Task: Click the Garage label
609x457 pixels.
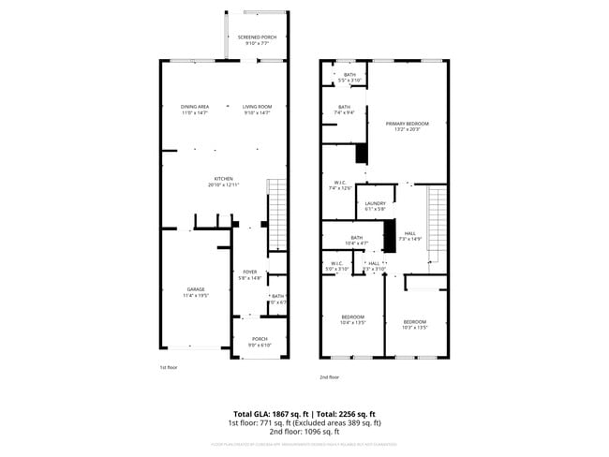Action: tap(196, 291)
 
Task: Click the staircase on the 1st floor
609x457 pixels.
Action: tap(276, 215)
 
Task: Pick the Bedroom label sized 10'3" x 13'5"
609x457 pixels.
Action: tap(414, 324)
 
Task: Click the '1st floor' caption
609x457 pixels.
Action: tap(169, 368)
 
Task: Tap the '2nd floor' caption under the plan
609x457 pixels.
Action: tap(329, 377)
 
